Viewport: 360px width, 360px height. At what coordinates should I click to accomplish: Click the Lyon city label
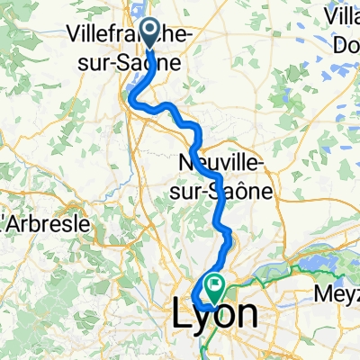(214, 315)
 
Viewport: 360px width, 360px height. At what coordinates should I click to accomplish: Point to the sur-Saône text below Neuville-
(225, 190)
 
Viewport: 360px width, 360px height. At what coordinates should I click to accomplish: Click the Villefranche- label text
(126, 35)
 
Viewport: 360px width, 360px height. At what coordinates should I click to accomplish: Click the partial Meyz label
(337, 294)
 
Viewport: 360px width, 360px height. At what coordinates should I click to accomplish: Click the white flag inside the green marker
(216, 285)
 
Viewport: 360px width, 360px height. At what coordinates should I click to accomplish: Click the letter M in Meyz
(322, 294)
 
